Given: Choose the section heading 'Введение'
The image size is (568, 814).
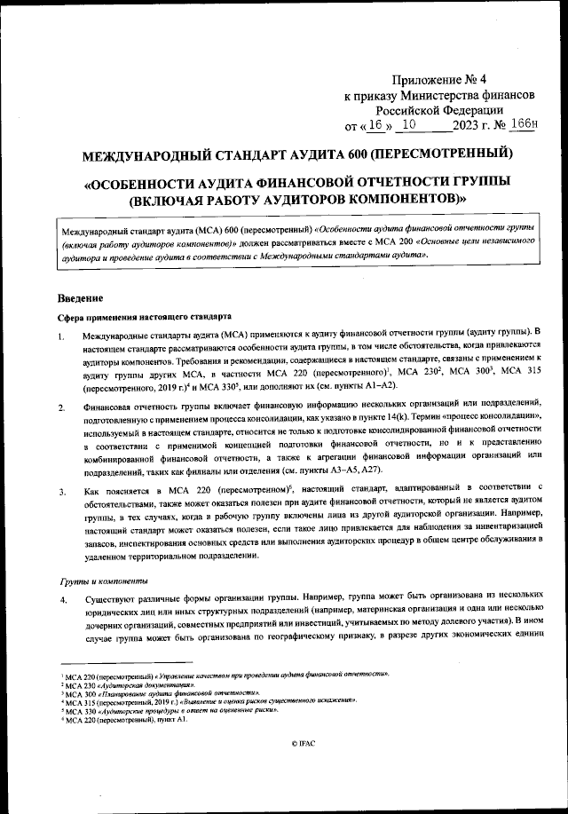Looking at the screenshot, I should pyautogui.click(x=81, y=296).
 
